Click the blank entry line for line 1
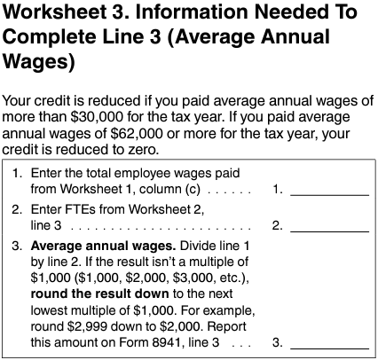pyautogui.click(x=329, y=189)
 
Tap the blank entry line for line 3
pyautogui.click(x=329, y=340)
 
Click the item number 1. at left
pyautogui.click(x=19, y=173)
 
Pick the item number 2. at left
pyautogui.click(x=19, y=209)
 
